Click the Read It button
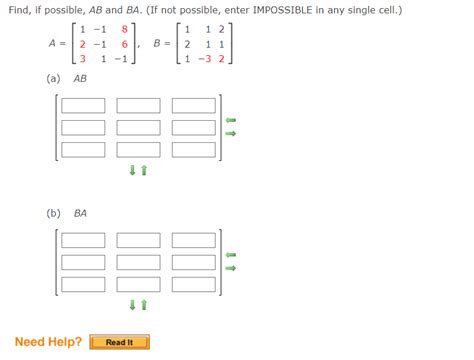(119, 342)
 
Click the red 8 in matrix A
(124, 30)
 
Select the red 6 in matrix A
(124, 44)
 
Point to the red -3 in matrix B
(205, 59)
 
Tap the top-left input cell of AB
(82, 105)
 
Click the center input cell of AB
(138, 127)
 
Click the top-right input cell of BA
(194, 240)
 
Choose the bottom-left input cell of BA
(82, 284)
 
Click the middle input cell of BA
(138, 262)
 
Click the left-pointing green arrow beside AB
(230, 120)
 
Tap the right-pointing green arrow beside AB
(230, 134)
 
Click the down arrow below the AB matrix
(132, 170)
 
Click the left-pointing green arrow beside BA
(230, 254)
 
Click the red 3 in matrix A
(82, 59)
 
